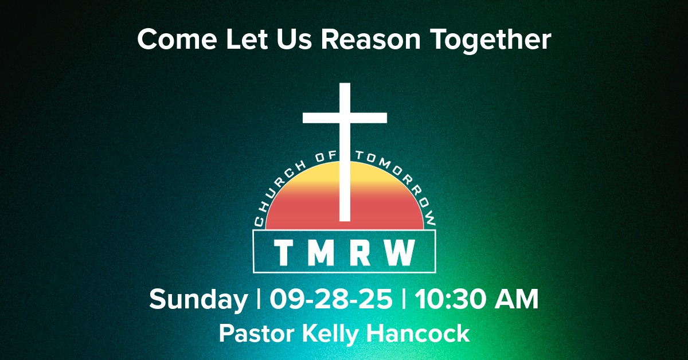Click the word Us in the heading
click(x=294, y=40)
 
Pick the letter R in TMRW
click(x=361, y=253)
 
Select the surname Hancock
click(x=420, y=333)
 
